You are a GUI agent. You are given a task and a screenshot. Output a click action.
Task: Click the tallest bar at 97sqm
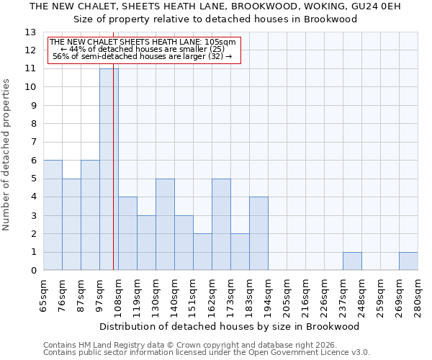(x=109, y=169)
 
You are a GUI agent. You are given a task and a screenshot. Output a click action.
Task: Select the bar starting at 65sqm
(x=53, y=215)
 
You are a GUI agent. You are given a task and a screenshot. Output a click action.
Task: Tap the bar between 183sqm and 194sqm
(x=258, y=233)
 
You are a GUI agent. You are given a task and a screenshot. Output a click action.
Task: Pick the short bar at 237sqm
(x=352, y=261)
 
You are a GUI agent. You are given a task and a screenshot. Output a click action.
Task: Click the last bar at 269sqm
(x=408, y=261)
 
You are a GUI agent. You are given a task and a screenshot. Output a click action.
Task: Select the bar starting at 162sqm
(x=221, y=225)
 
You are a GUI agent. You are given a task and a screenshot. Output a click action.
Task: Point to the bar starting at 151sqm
(x=202, y=252)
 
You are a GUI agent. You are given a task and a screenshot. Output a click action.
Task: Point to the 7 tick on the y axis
(x=32, y=143)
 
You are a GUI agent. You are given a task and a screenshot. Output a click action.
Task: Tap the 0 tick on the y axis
(x=32, y=271)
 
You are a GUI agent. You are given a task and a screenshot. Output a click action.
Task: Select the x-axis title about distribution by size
(x=230, y=326)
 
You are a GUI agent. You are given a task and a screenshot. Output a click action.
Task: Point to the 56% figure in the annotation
(x=60, y=57)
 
